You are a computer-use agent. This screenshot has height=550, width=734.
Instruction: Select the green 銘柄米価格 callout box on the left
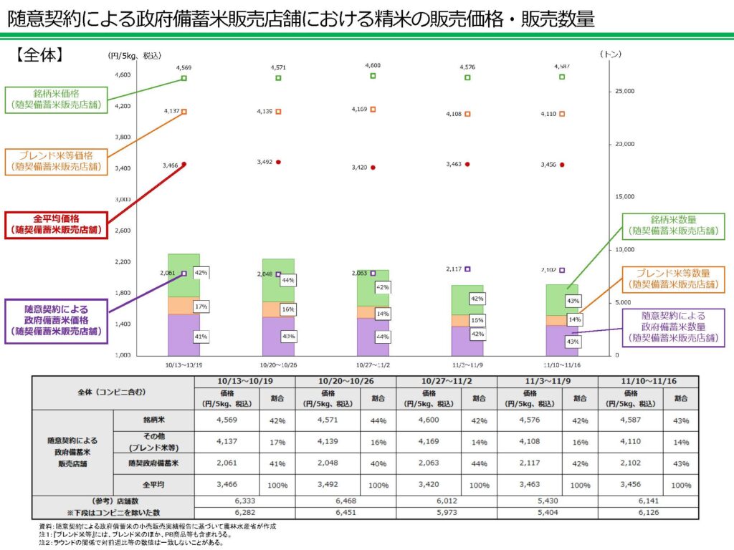click(56, 99)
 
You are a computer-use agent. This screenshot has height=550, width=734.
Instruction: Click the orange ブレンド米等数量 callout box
click(673, 279)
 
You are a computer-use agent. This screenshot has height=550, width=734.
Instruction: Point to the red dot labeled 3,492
click(278, 162)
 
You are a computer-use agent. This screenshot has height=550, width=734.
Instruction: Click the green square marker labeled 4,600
click(373, 76)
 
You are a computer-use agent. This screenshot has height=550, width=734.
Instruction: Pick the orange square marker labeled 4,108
click(467, 114)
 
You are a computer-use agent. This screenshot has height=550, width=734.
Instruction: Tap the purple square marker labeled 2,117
click(467, 269)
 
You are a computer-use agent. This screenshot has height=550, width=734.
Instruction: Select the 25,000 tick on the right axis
click(626, 92)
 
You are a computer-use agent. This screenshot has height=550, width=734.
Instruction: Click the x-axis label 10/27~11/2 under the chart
click(373, 363)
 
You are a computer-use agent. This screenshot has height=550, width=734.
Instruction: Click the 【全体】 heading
click(42, 55)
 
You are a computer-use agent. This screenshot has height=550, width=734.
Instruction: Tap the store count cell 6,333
click(244, 501)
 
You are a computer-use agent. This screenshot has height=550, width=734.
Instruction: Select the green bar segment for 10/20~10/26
click(278, 279)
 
